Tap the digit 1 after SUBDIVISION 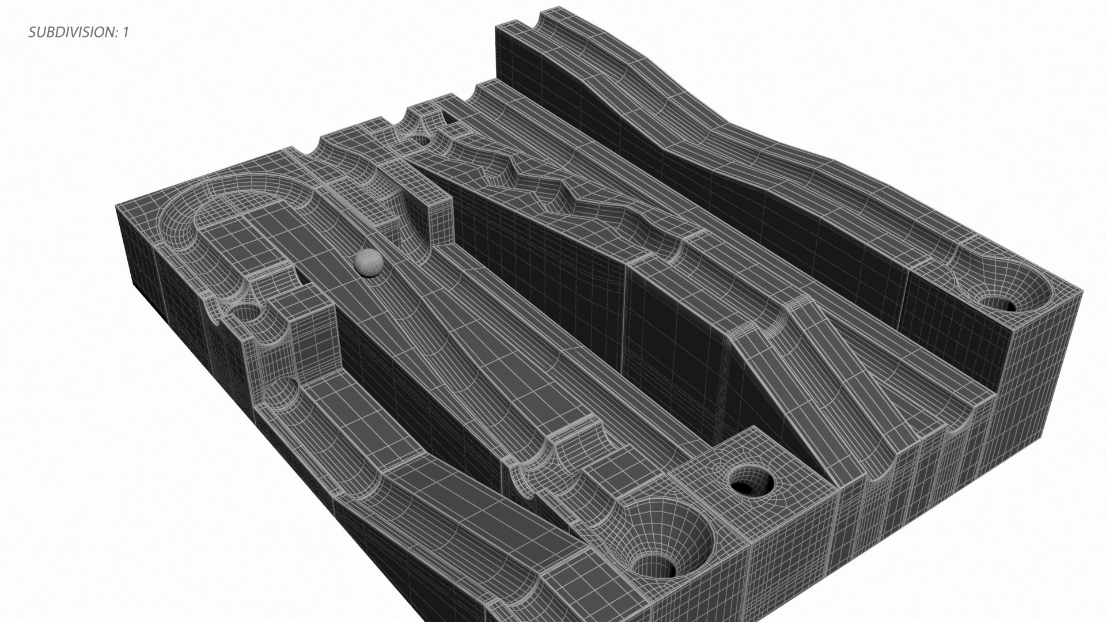125,32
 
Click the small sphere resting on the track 368,263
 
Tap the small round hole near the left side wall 249,314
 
